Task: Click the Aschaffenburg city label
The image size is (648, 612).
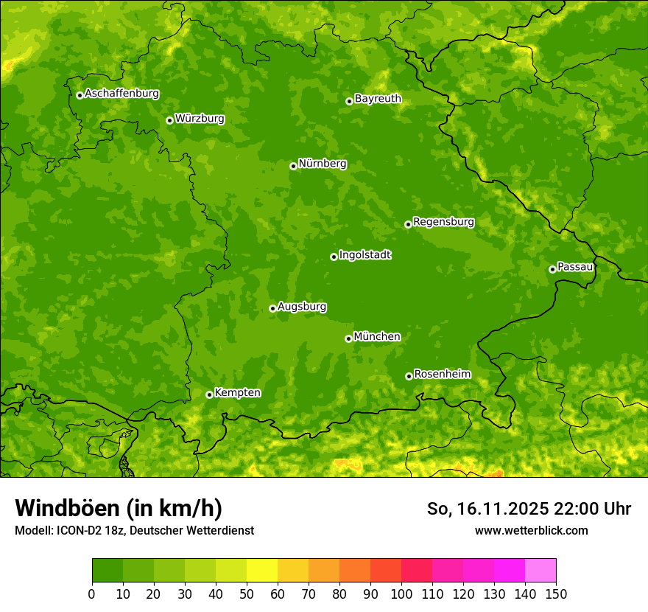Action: point(121,94)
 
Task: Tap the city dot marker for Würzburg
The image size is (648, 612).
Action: point(169,120)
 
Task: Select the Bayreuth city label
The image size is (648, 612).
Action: point(378,99)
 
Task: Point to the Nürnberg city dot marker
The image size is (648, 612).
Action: point(293,166)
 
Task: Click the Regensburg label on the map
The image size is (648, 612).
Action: point(443,222)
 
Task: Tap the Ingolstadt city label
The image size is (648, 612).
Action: point(364,255)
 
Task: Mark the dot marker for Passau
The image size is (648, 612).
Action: point(552,269)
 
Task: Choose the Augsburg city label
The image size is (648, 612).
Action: point(302,307)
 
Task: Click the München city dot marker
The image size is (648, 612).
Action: point(348,338)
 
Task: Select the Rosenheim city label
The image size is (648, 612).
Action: point(442,375)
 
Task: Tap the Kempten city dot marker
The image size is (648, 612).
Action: point(209,394)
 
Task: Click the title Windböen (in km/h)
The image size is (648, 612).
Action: point(119,508)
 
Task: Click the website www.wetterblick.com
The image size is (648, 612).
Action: point(531,530)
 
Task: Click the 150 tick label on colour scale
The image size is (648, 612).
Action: point(556,594)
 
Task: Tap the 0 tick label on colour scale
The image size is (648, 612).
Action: point(92,594)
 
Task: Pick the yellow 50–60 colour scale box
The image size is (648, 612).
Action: point(262,571)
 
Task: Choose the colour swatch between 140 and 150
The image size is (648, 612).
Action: point(540,571)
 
